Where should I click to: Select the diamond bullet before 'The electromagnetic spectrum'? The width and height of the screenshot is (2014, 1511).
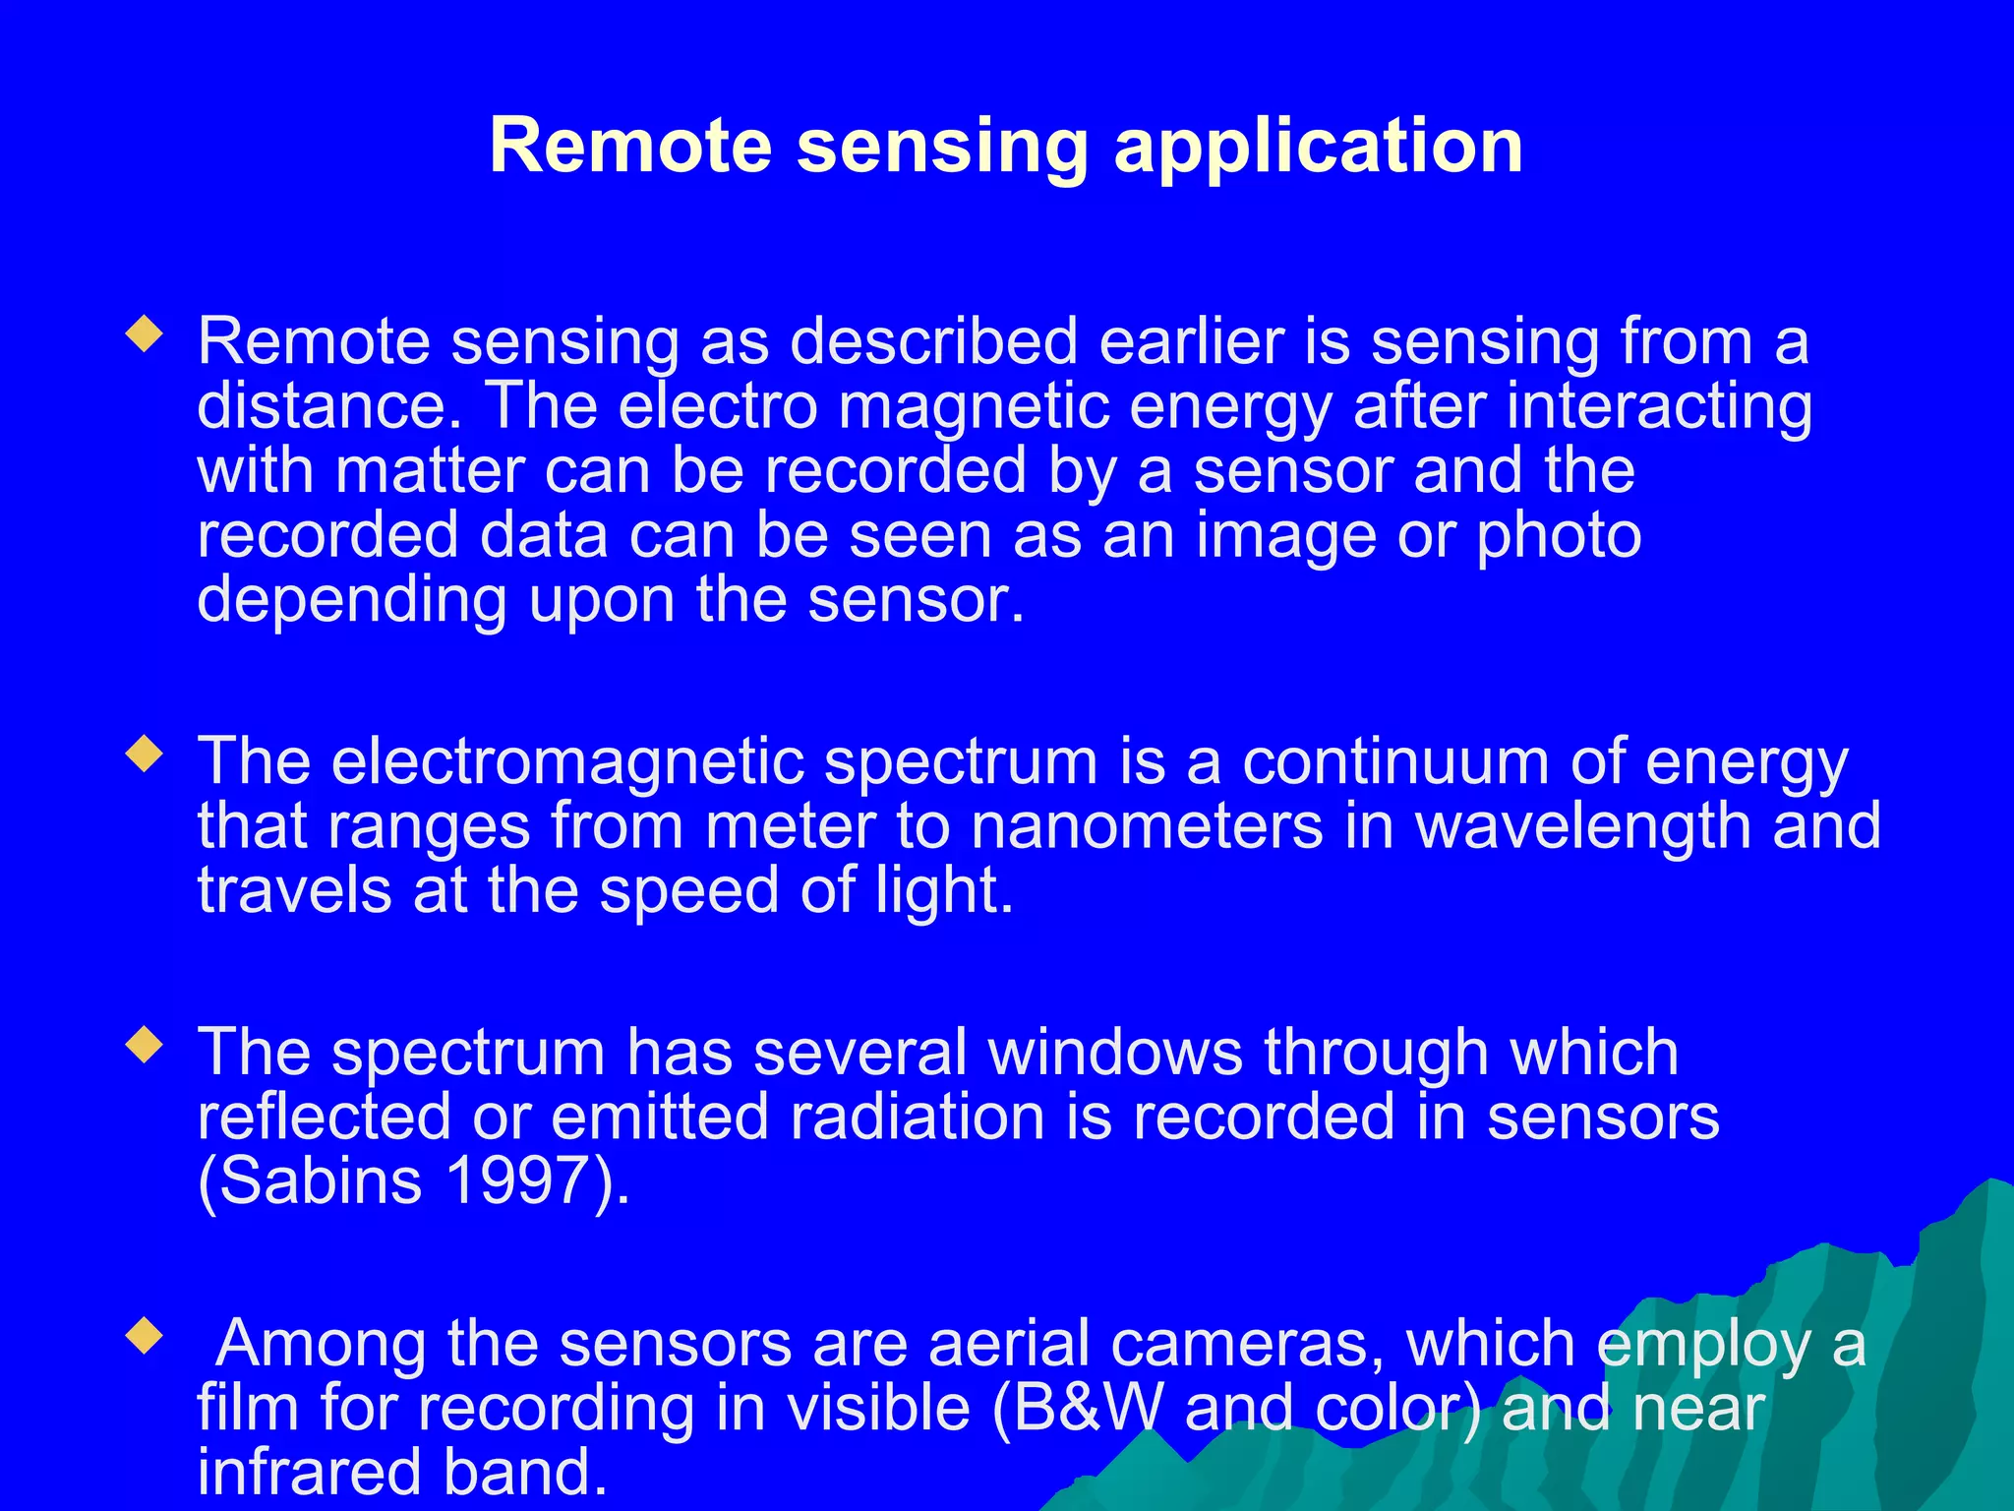(145, 755)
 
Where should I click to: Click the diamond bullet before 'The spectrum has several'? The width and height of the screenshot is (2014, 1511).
(145, 1045)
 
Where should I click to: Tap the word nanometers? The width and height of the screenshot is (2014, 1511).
(1147, 825)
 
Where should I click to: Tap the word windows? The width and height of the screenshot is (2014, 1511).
(1115, 1052)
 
